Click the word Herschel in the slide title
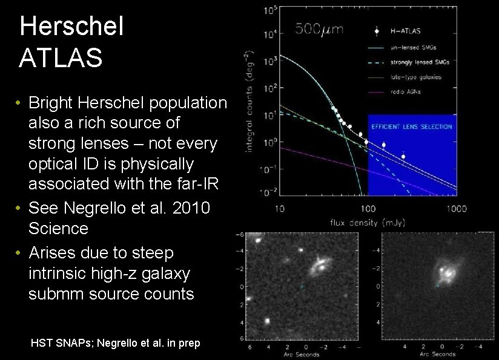pyautogui.click(x=71, y=27)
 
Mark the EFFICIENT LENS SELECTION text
pyautogui.click(x=411, y=126)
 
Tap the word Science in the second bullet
pyautogui.click(x=58, y=228)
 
